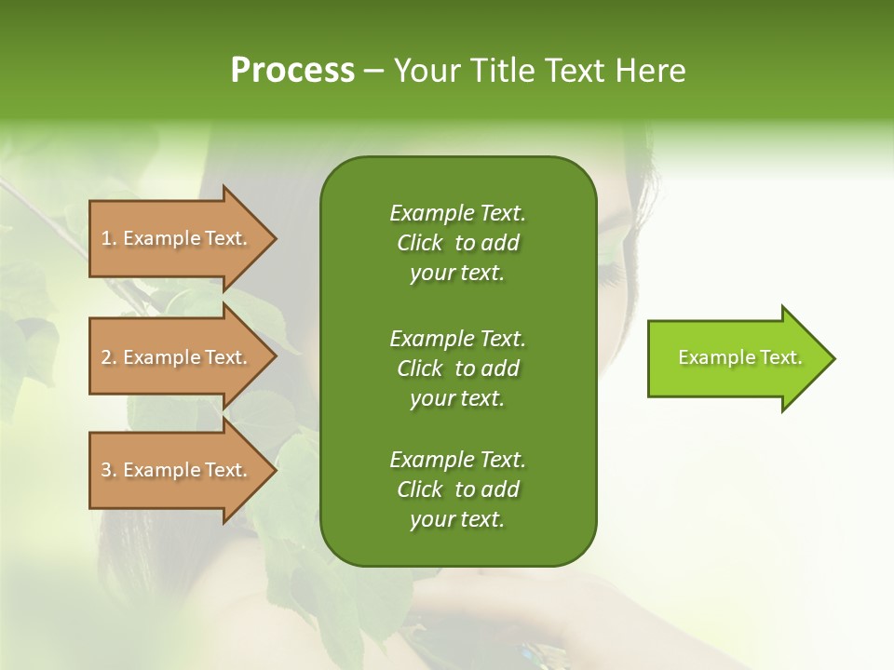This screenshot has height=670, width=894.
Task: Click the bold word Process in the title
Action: pyautogui.click(x=292, y=71)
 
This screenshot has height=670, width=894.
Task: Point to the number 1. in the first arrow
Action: pyautogui.click(x=109, y=238)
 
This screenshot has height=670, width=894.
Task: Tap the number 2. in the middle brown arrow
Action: pyautogui.click(x=109, y=357)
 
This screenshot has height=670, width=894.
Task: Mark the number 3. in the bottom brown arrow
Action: pyautogui.click(x=109, y=470)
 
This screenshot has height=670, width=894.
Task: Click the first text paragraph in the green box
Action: pyautogui.click(x=457, y=243)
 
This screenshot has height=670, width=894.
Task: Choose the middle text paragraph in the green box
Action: pyautogui.click(x=457, y=368)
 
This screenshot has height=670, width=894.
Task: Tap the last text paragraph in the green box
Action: pyautogui.click(x=457, y=489)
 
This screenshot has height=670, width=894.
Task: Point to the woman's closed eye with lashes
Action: pyautogui.click(x=614, y=271)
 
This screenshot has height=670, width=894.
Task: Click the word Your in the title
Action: pyautogui.click(x=427, y=71)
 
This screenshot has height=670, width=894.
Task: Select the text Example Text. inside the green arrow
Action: pyautogui.click(x=740, y=357)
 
